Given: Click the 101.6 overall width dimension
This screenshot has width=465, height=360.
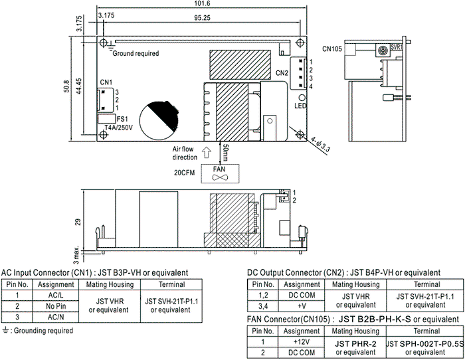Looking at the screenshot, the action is pos(202,3).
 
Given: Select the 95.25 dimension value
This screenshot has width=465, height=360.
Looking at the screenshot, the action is pos(202,18).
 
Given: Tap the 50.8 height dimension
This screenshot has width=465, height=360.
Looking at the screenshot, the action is pos(66,86).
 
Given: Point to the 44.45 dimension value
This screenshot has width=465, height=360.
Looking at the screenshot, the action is pos(79,86).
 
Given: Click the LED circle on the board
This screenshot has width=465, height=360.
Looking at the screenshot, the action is pos(302,98).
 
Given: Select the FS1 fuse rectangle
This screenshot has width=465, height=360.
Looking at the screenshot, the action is pos(106,119).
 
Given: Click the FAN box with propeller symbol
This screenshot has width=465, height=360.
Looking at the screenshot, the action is pos(220,173).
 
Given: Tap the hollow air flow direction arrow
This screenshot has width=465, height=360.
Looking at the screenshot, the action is pos(206,152).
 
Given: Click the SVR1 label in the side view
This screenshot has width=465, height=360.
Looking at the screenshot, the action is pos(397,46).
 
